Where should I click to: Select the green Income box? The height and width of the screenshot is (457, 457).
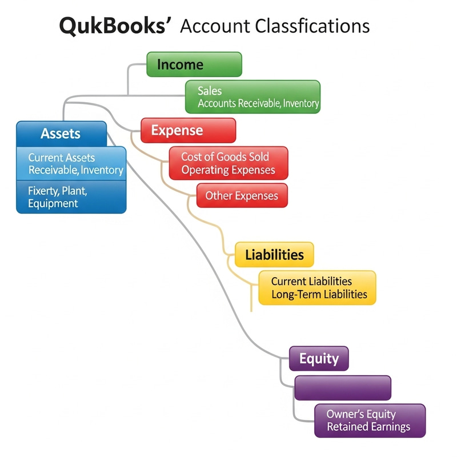[194, 64]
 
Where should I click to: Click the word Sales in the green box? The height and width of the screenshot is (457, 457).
[210, 91]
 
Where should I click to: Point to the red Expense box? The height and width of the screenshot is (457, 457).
[188, 130]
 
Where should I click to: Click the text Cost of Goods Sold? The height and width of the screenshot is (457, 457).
[225, 157]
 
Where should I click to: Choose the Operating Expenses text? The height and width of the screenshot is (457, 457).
[228, 170]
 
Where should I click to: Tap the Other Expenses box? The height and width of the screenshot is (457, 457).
[242, 196]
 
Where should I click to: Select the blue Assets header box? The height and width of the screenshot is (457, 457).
[61, 134]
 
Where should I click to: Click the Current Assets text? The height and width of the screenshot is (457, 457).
[62, 158]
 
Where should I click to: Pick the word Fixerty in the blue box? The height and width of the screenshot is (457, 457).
[43, 190]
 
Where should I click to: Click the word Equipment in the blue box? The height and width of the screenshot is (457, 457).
[53, 203]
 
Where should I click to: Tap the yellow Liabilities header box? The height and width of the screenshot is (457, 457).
[274, 254]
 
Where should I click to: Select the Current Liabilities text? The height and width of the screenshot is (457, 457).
[311, 281]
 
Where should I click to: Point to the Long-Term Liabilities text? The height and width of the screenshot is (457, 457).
[319, 295]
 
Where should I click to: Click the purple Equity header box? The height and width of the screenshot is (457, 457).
[319, 359]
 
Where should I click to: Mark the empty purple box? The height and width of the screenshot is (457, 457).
[342, 388]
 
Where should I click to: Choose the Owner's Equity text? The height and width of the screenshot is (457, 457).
[360, 414]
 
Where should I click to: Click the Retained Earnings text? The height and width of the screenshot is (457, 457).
[368, 427]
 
